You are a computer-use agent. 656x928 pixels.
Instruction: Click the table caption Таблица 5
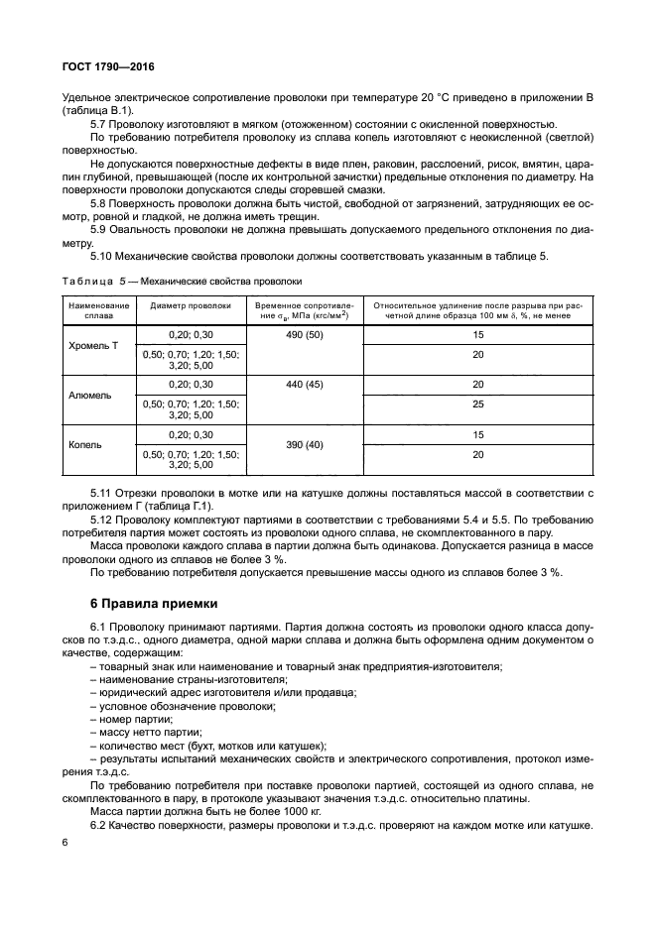[182, 281]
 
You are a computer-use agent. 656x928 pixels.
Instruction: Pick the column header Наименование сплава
[98, 311]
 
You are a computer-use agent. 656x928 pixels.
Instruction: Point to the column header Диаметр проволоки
[191, 306]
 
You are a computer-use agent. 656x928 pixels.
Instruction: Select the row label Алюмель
[89, 394]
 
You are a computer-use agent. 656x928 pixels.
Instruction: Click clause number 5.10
[103, 257]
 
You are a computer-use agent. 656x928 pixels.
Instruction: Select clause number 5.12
[103, 519]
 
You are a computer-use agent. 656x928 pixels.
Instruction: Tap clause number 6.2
[100, 825]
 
